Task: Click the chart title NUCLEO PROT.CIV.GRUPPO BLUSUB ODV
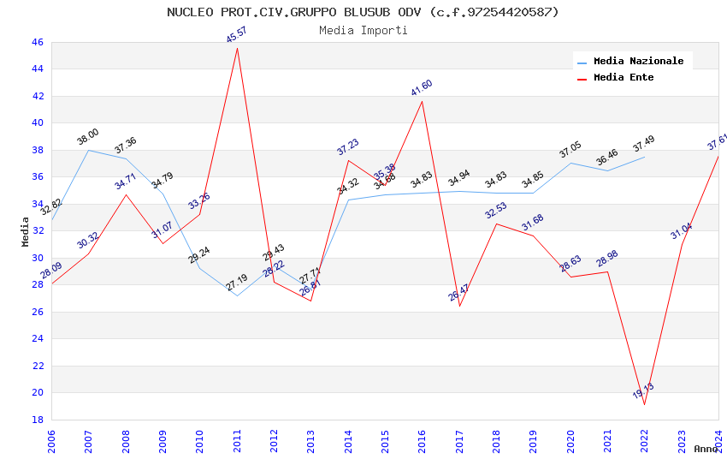click(x=363, y=12)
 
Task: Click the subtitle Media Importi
click(x=363, y=31)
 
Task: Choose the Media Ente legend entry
click(x=624, y=78)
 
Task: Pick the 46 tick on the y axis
click(x=37, y=42)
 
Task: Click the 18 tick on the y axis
click(x=37, y=420)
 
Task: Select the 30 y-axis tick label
click(x=37, y=258)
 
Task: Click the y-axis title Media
click(x=26, y=231)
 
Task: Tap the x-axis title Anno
click(x=706, y=449)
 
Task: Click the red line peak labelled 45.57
click(x=237, y=48)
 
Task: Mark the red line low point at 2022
click(x=644, y=404)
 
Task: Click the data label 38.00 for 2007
click(x=88, y=137)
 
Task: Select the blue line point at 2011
click(x=237, y=295)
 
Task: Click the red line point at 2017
click(x=459, y=306)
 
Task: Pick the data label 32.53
click(x=496, y=211)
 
